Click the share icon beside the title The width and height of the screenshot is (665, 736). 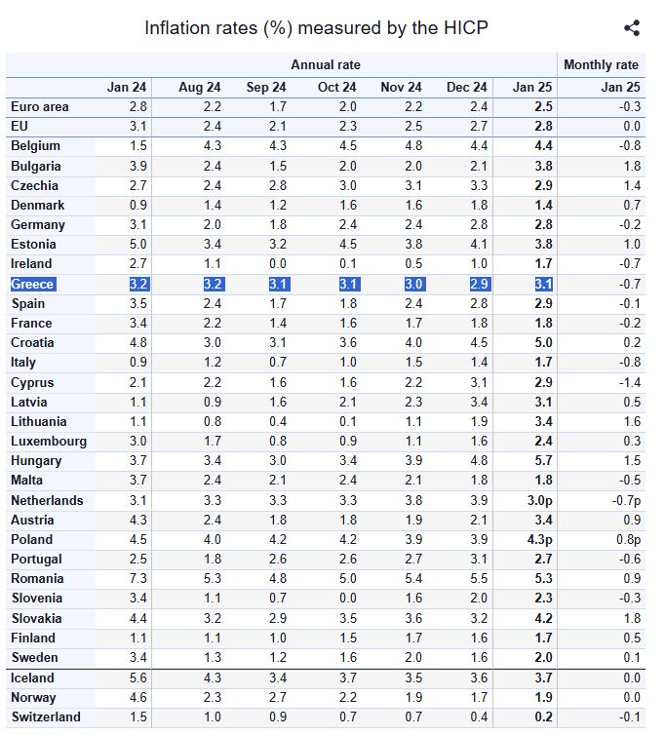(632, 27)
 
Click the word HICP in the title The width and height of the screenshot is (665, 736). (465, 27)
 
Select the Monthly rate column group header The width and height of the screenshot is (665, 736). (601, 64)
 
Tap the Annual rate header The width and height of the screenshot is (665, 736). (326, 64)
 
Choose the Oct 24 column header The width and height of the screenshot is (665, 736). (336, 88)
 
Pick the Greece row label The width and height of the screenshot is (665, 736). (32, 284)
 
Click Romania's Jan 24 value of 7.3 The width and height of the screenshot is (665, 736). (138, 578)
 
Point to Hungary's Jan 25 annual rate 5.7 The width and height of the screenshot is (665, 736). (543, 460)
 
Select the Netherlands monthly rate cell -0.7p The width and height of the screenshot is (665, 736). (626, 500)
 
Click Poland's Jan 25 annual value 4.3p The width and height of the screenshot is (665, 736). (539, 539)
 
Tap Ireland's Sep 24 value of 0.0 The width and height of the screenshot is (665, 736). (278, 264)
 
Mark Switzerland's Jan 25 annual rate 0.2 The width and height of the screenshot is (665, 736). (543, 717)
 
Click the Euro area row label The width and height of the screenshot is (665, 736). (40, 107)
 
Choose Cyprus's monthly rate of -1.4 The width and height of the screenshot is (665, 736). (629, 382)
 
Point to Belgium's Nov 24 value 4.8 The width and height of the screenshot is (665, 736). (413, 146)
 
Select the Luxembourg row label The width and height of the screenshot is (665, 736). (49, 442)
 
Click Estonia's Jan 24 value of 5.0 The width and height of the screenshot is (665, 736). (138, 244)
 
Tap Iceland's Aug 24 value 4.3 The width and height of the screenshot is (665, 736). (213, 678)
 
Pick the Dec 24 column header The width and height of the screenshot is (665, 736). (467, 88)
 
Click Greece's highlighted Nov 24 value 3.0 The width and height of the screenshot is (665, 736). (413, 284)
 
